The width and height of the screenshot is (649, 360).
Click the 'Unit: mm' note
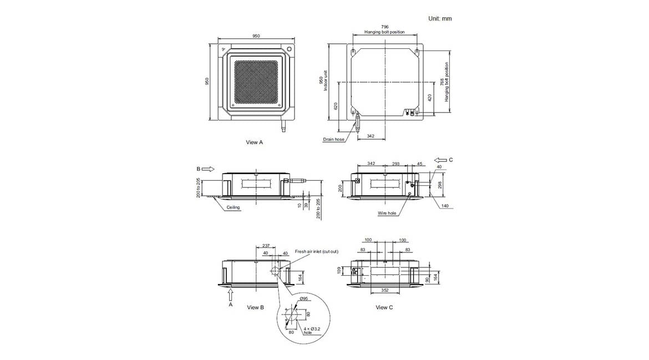pyautogui.click(x=440, y=19)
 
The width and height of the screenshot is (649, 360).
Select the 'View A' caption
pyautogui.click(x=254, y=143)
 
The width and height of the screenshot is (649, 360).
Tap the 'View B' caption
pyautogui.click(x=255, y=307)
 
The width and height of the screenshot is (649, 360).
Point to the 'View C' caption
pyautogui.click(x=384, y=307)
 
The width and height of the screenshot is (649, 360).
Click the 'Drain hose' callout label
pyautogui.click(x=333, y=139)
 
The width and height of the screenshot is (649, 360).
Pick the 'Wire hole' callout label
pyautogui.click(x=387, y=213)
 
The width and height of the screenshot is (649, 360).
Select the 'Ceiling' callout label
pyautogui.click(x=233, y=207)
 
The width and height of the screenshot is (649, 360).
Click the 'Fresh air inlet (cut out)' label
pyautogui.click(x=317, y=252)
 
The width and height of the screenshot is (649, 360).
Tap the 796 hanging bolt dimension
pyautogui.click(x=384, y=27)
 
